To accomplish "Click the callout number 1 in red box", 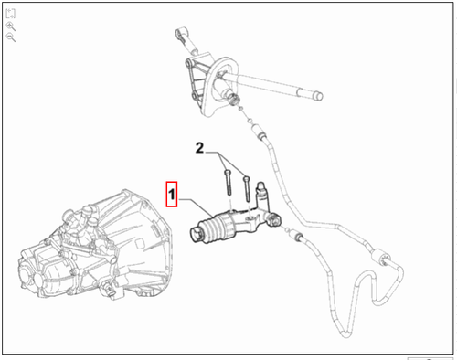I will point(169,195).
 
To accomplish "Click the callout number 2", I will point(200,146).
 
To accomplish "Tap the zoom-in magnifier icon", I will point(10,27).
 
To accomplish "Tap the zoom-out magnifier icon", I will point(10,39).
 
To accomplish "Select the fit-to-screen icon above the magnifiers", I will point(10,16).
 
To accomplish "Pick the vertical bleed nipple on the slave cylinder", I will point(261,195).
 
